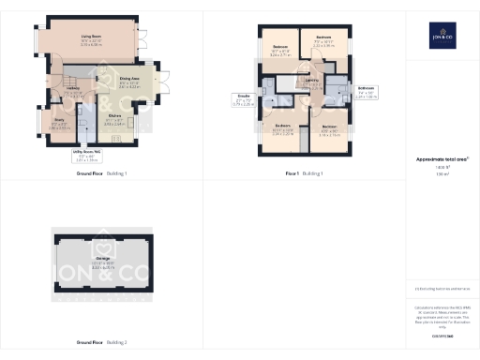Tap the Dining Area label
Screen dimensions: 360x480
point(129,82)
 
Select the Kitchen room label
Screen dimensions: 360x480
point(113,121)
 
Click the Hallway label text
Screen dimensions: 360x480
point(72,91)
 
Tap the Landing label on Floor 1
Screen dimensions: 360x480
point(310,82)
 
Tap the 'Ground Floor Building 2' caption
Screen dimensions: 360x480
point(100,343)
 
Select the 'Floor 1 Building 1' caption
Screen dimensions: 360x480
point(304,173)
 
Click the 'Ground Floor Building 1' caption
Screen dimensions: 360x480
point(100,173)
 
